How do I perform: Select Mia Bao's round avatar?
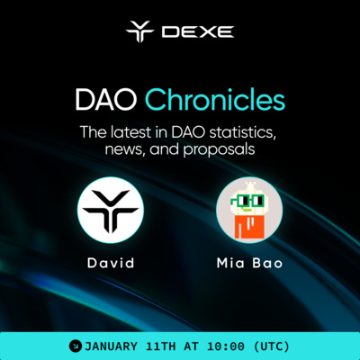click(x=249, y=210)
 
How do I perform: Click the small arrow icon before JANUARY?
click(x=76, y=345)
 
